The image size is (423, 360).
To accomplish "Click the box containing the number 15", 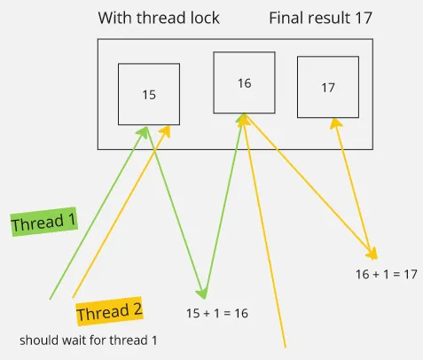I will [149, 94].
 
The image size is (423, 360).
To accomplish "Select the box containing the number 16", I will [244, 82].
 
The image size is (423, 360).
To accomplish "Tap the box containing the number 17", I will [328, 87].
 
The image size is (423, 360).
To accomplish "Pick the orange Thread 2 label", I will [109, 312].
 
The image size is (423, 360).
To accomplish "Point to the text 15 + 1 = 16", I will [217, 313].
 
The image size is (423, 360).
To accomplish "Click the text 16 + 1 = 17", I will [386, 274].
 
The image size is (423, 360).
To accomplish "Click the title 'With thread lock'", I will [159, 18].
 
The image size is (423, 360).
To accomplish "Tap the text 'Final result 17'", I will [320, 18].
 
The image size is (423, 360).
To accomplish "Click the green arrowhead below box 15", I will [145, 129].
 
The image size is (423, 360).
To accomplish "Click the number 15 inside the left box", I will [149, 94].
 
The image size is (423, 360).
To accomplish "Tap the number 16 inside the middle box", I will [244, 83].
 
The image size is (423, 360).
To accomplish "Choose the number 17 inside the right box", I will [328, 88].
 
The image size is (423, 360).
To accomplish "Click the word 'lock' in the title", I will [204, 18].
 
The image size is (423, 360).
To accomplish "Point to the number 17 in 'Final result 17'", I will [363, 18].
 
